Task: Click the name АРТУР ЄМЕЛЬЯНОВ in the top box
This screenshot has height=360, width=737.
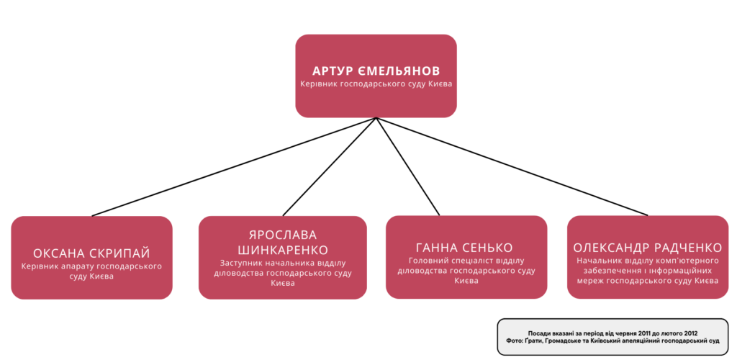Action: click(x=376, y=71)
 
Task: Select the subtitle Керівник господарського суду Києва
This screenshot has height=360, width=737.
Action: click(x=376, y=84)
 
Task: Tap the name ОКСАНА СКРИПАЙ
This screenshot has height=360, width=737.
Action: click(x=91, y=253)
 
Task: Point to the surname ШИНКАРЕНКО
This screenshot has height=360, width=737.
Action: click(x=282, y=249)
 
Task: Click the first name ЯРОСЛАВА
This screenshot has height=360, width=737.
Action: click(x=282, y=235)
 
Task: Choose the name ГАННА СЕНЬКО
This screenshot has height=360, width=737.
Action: click(x=464, y=248)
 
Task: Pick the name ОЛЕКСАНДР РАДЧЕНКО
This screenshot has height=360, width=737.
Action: click(x=648, y=248)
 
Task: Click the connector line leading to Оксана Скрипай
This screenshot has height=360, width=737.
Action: click(x=234, y=167)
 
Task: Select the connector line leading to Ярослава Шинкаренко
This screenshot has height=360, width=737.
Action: click(x=330, y=167)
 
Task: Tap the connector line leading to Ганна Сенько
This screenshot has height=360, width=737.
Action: click(x=408, y=167)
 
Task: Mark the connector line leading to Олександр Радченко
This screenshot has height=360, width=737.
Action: click(x=512, y=167)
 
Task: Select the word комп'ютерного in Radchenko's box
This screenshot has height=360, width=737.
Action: click(x=692, y=261)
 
